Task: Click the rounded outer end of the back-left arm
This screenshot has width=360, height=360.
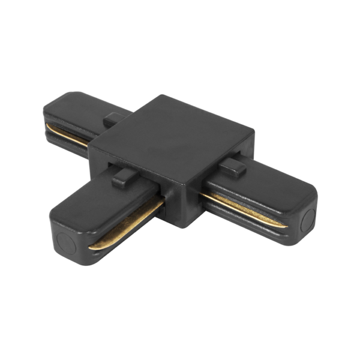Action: pyautogui.click(x=48, y=114)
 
